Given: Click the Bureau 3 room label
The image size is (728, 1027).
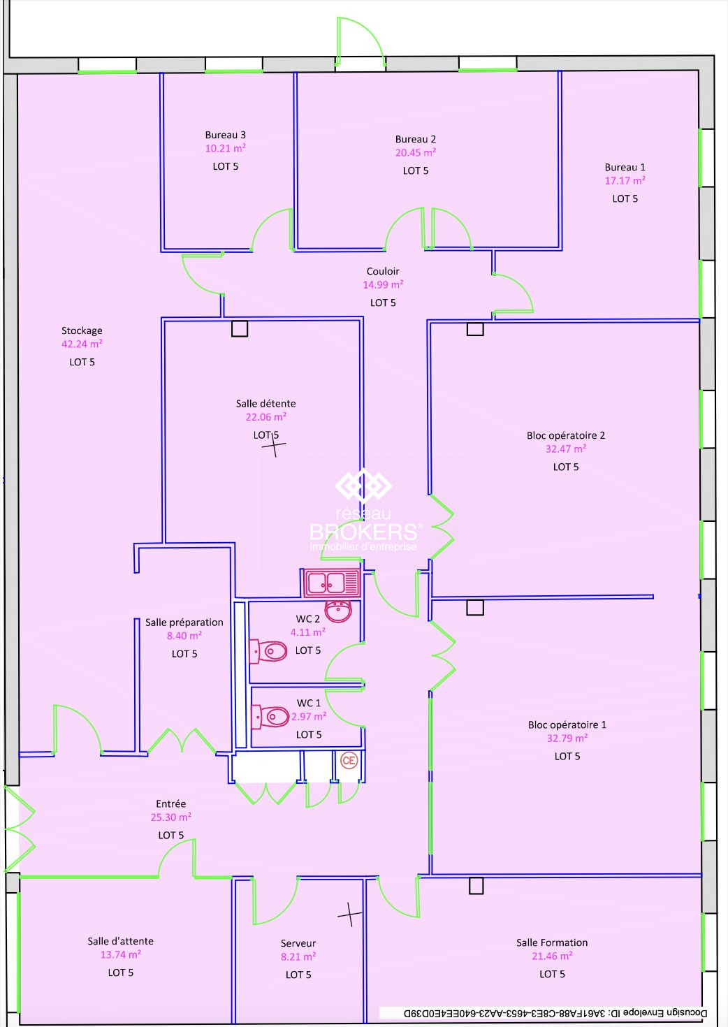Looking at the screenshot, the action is click(x=225, y=135).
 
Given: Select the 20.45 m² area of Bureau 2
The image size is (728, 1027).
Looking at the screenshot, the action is click(x=415, y=153).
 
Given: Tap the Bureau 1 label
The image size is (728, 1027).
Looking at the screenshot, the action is click(x=625, y=167).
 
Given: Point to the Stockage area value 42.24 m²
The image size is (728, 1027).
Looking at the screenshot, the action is click(x=82, y=344).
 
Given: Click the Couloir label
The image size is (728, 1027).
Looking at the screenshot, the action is click(x=383, y=271).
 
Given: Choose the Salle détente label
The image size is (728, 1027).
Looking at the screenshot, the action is click(x=266, y=404).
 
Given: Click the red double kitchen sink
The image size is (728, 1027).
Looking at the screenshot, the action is click(x=332, y=583).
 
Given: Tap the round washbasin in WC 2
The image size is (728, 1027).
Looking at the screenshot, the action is click(x=338, y=611).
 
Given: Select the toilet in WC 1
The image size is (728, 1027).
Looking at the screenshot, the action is click(x=270, y=715).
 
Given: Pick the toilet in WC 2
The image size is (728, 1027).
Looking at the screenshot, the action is click(x=268, y=651).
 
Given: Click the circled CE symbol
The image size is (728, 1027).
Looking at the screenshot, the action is click(x=349, y=761).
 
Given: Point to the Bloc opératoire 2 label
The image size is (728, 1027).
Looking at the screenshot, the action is click(x=566, y=435).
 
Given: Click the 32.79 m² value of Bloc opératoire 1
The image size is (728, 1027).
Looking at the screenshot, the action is click(x=567, y=738).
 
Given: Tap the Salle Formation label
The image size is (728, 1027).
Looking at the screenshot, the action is click(x=552, y=942).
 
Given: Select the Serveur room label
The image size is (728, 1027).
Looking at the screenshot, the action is click(x=298, y=943).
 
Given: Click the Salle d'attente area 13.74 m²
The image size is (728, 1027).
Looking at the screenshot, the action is click(x=121, y=954).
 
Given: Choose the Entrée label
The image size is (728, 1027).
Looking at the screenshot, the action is click(x=171, y=803).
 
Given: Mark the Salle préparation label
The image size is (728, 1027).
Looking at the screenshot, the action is click(x=184, y=622).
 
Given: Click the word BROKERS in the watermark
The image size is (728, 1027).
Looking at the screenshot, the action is click(x=363, y=532).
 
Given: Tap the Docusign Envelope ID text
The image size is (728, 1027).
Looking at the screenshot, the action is click(x=555, y=1013).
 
